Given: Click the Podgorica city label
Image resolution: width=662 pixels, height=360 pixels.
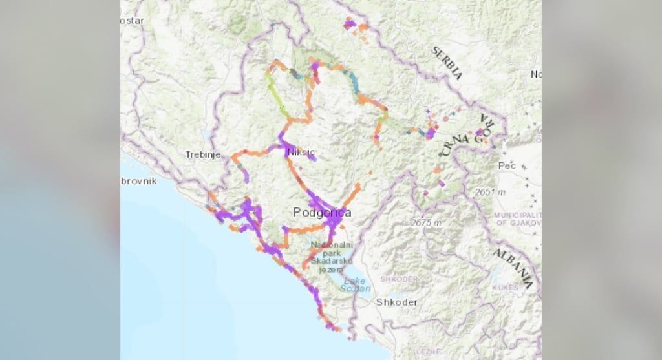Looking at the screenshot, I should click(322, 213).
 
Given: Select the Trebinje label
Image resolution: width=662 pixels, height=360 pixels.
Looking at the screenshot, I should click(203, 155).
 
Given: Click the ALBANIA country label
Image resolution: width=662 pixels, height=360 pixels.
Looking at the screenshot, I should click(514, 267).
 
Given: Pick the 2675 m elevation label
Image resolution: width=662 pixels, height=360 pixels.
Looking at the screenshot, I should click(426, 223).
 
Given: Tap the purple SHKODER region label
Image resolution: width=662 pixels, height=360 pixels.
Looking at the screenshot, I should click(399, 279).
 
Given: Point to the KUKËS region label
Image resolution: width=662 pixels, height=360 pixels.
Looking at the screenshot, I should click(505, 287).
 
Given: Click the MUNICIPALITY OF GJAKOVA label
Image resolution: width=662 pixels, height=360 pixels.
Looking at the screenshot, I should click(518, 218).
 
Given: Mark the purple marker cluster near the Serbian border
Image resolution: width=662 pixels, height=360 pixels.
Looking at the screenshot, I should click(351, 25).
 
